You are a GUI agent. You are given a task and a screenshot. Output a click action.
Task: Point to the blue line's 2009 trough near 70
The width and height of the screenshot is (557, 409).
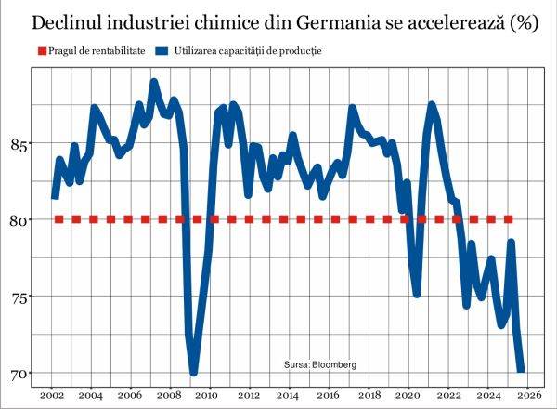pyautogui.click(x=194, y=371)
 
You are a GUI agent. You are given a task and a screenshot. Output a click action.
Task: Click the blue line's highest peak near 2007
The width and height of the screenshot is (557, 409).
pyautogui.click(x=154, y=84)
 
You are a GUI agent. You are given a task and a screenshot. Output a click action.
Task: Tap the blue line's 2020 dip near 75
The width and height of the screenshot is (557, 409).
pyautogui.click(x=418, y=293)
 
